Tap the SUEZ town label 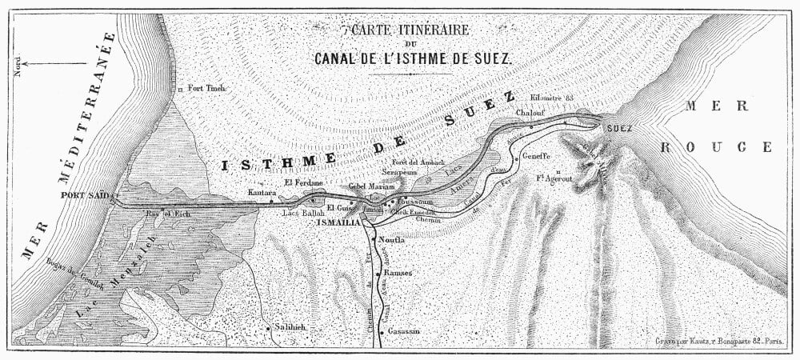(x=620, y=128)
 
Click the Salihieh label (x=291, y=328)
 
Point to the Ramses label (x=397, y=273)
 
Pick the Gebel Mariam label (x=372, y=186)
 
